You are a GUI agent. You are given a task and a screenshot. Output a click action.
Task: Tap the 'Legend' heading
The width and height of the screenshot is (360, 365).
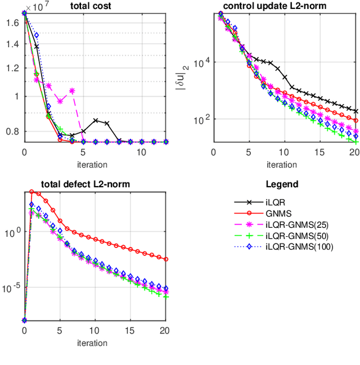282,184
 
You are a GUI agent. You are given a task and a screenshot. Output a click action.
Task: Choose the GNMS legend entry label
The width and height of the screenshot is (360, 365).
276,213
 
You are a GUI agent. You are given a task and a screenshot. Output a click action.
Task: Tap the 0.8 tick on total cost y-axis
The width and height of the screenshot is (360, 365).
12,132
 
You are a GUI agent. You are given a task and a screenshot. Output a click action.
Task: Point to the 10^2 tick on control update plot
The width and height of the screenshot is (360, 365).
201,119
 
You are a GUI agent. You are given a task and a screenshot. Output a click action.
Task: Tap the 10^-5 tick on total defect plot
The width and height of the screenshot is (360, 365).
11,288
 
